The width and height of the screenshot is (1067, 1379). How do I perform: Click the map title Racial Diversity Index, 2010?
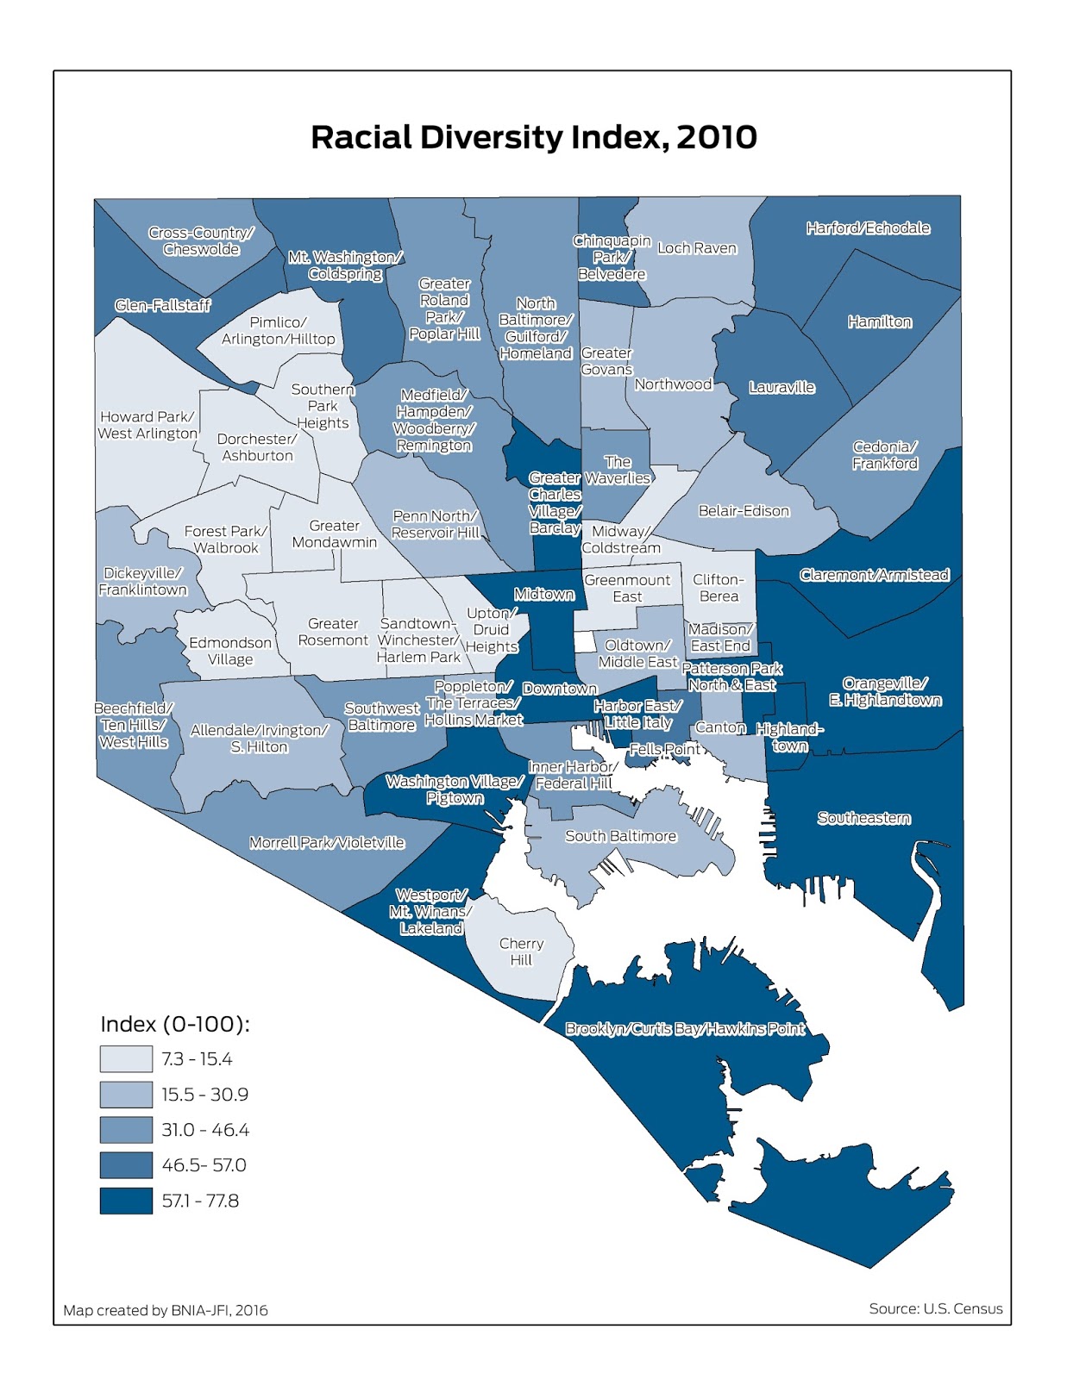(x=533, y=137)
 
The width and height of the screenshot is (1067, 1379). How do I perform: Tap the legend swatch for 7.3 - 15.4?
(x=126, y=1058)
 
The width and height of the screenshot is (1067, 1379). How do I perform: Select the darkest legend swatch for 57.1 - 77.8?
(x=126, y=1200)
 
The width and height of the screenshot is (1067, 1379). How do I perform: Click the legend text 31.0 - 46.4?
(x=204, y=1129)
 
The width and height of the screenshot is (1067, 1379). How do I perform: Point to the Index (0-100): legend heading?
(x=175, y=1024)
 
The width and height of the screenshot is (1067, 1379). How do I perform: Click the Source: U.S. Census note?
(x=935, y=1308)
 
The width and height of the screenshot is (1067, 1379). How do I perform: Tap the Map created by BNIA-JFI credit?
(x=166, y=1310)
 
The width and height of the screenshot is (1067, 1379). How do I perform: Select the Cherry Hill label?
(x=521, y=952)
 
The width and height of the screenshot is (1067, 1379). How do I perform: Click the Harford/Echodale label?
(x=868, y=228)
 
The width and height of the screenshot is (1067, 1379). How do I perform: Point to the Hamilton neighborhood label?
(x=879, y=321)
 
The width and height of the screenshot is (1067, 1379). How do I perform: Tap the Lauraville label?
(x=781, y=387)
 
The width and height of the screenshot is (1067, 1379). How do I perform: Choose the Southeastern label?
(x=863, y=818)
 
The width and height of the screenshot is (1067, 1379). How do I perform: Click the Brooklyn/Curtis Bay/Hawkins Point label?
(x=685, y=1028)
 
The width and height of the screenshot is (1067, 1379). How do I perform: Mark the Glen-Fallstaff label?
(x=162, y=305)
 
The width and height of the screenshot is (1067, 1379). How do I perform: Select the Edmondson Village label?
(x=230, y=651)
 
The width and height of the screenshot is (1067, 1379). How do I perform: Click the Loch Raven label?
(x=697, y=248)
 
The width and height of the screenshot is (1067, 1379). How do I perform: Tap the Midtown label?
(x=543, y=594)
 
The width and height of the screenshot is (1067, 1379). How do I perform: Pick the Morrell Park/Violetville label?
(x=327, y=842)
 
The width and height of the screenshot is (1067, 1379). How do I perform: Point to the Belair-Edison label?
(x=744, y=510)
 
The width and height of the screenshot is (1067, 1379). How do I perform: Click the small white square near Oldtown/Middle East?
(x=585, y=642)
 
